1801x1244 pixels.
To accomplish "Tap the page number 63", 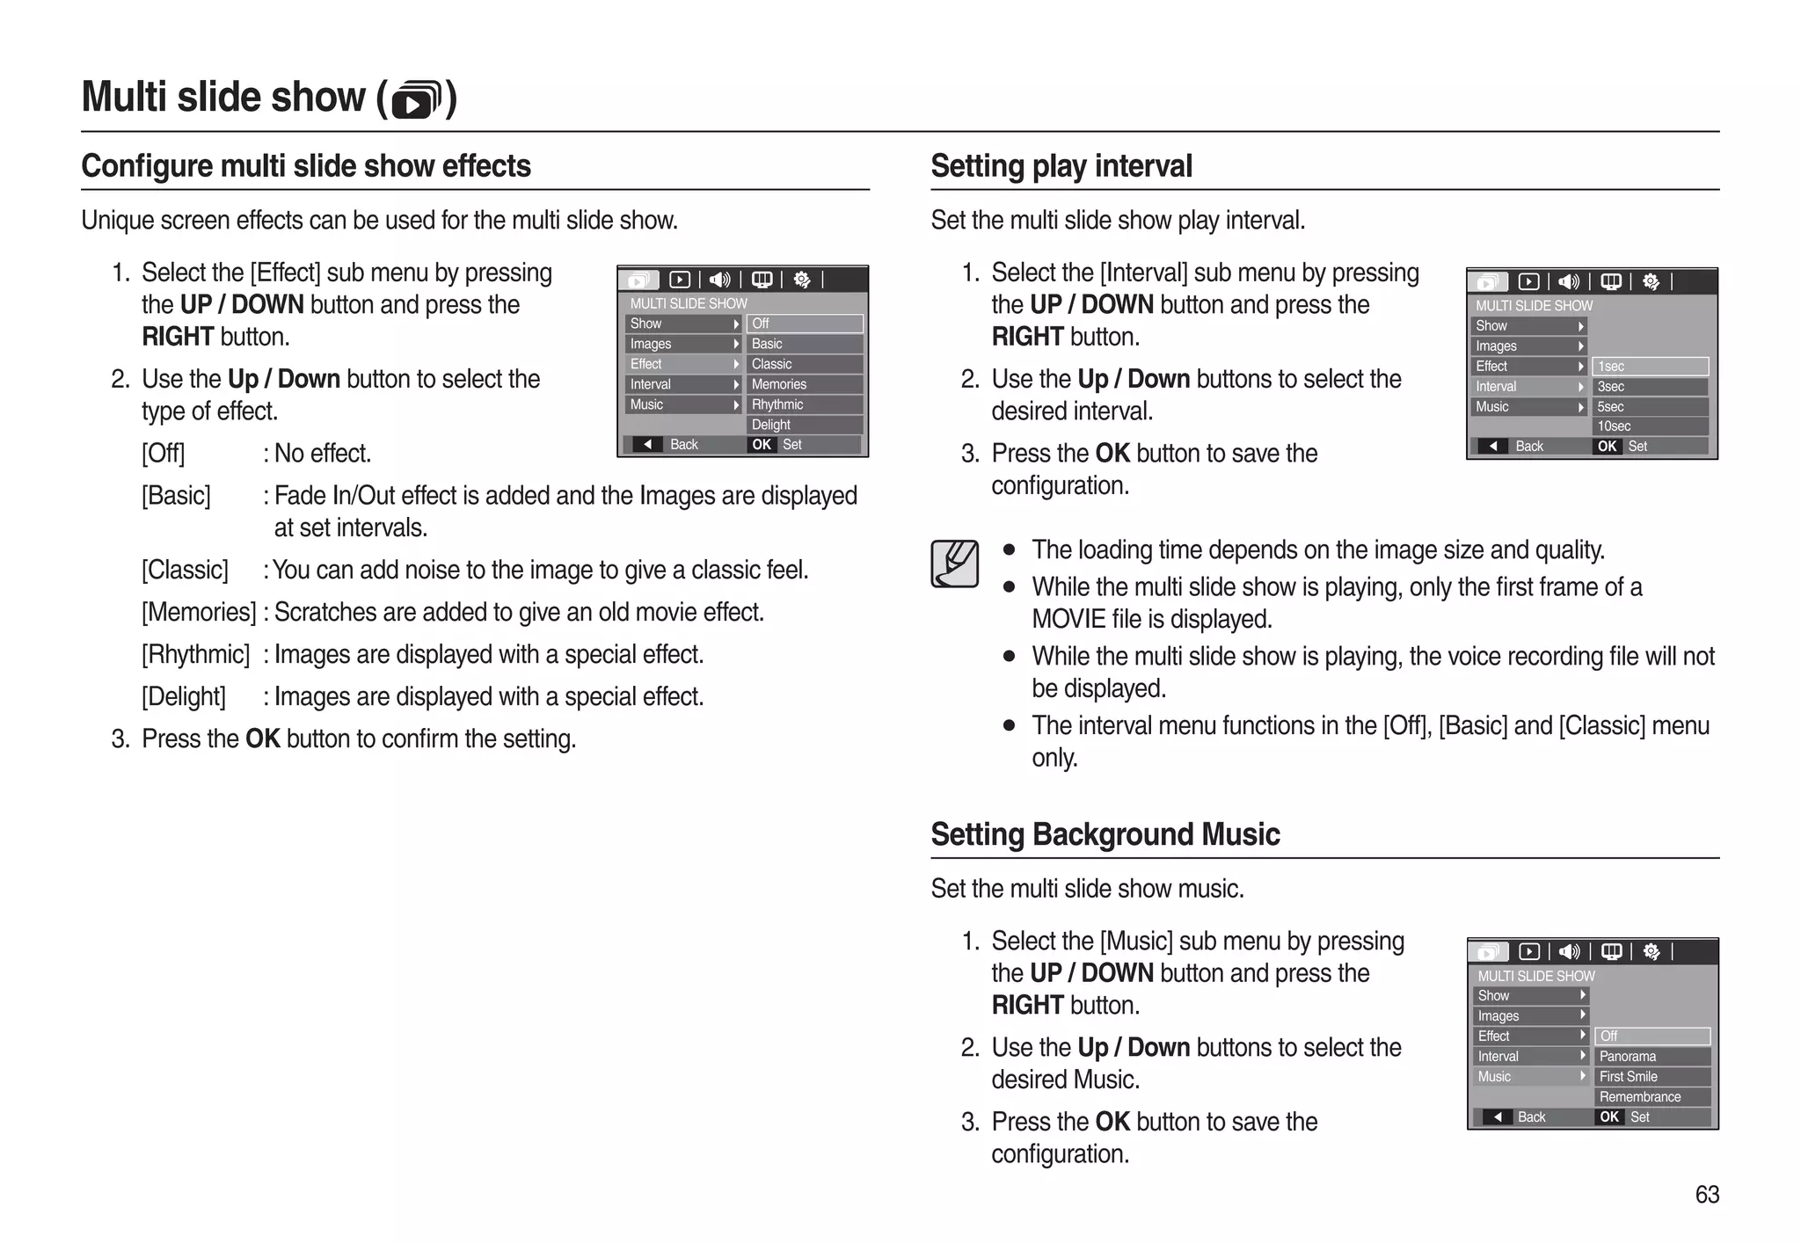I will (1706, 1194).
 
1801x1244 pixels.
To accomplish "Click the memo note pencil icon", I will (954, 564).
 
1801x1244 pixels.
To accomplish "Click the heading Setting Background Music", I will (1105, 834).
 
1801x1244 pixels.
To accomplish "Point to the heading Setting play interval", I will (1061, 166).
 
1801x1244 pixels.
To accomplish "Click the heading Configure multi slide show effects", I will (306, 166).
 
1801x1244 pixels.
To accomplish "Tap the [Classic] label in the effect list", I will (185, 571).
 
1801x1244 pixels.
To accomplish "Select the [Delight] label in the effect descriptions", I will (184, 697).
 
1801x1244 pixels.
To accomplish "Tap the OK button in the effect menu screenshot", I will (762, 445).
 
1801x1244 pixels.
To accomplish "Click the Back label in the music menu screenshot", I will (1530, 1117).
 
